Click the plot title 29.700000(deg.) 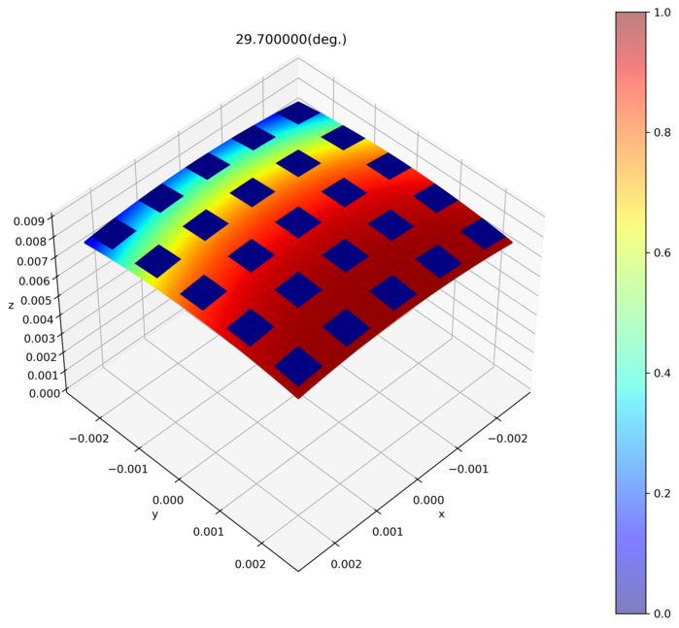(x=291, y=40)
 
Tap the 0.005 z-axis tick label (x=36, y=301)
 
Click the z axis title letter (x=11, y=305)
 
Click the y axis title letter (x=154, y=514)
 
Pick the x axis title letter (x=441, y=513)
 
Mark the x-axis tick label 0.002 (x=348, y=564)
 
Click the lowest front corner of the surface (x=298, y=397)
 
